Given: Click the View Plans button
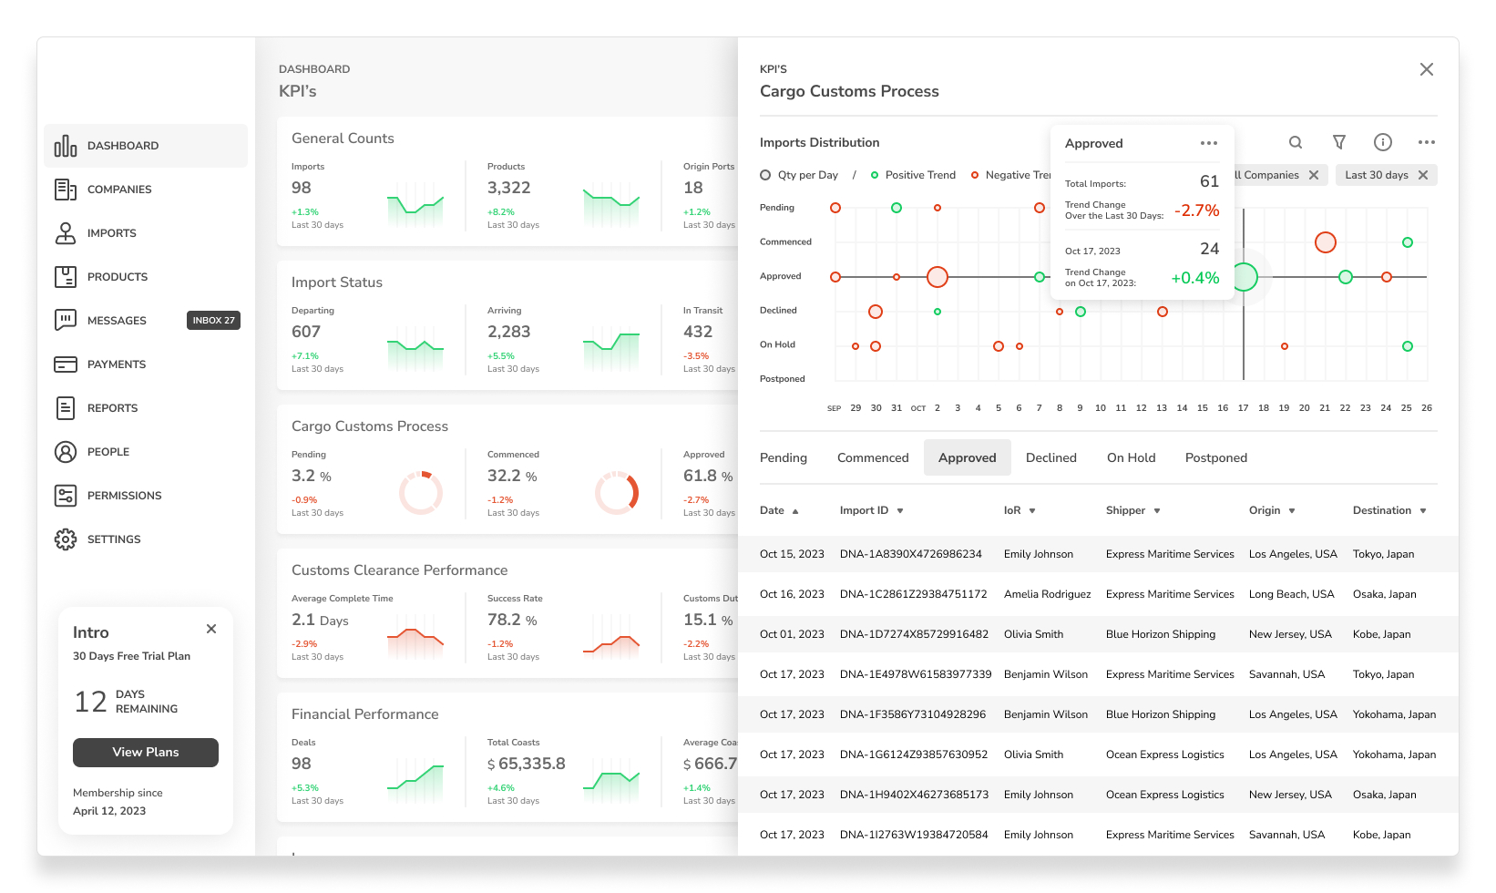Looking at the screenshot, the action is [146, 752].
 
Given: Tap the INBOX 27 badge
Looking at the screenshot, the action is [214, 321].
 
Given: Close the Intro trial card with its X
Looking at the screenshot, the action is [211, 629].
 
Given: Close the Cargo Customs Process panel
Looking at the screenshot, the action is [1427, 69].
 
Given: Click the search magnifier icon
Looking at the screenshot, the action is [1296, 142].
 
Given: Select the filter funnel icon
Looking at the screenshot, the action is [1339, 142].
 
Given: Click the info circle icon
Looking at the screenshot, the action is [1382, 142].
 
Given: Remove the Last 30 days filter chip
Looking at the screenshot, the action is [1423, 175].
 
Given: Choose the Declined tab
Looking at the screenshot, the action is [1051, 457].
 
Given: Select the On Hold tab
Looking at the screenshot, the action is [1131, 457].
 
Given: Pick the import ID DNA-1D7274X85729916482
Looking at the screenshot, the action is [914, 634].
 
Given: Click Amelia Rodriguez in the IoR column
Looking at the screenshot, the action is [1047, 594].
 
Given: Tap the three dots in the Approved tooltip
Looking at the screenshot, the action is [1209, 143].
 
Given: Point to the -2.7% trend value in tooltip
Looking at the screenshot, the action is [1197, 210].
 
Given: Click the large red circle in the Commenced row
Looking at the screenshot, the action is [1325, 242].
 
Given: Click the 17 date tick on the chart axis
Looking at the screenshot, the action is [1243, 408].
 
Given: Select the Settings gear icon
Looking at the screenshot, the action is [66, 539].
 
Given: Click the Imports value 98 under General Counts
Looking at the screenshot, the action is [302, 188].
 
